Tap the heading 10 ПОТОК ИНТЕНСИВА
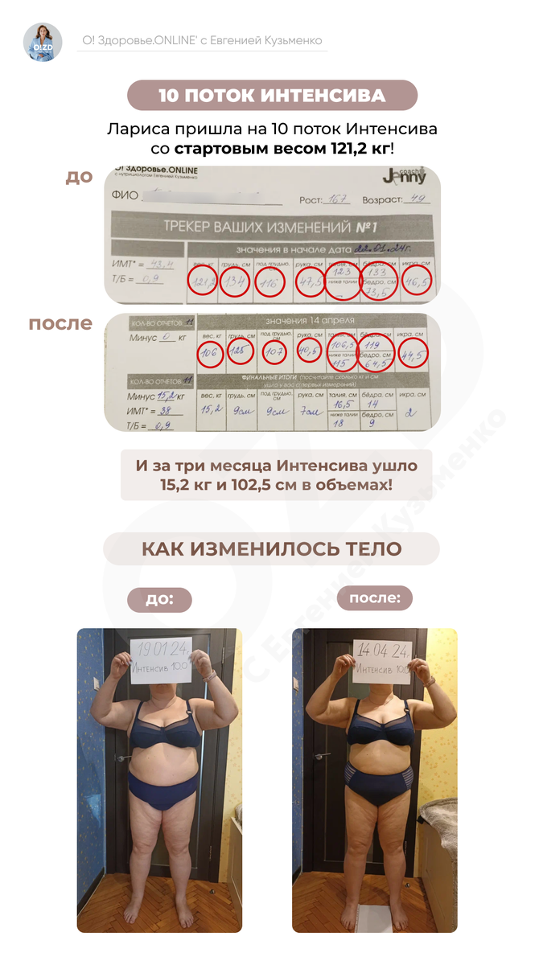(272, 96)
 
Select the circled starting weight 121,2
(202, 281)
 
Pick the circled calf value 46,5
(417, 281)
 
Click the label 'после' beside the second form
(60, 324)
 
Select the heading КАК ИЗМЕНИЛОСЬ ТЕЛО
(272, 549)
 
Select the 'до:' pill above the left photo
(159, 599)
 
